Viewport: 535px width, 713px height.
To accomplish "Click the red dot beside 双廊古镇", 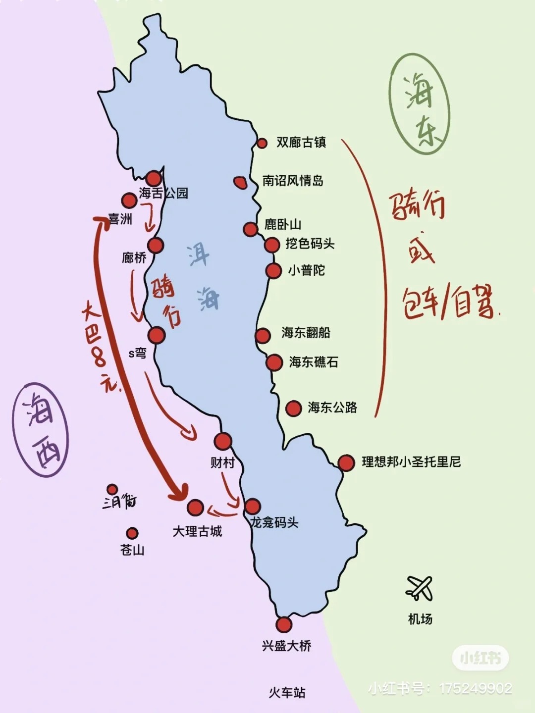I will pyautogui.click(x=262, y=143).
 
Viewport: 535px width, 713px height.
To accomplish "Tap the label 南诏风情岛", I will pyautogui.click(x=293, y=181).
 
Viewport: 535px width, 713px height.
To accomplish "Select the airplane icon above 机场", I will pyautogui.click(x=419, y=588).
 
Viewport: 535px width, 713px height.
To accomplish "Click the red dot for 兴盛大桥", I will pyautogui.click(x=284, y=624).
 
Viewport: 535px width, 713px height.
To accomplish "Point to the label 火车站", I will pyautogui.click(x=287, y=692).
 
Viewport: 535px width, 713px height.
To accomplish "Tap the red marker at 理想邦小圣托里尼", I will pyautogui.click(x=346, y=462).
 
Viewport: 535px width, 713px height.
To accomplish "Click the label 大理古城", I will pyautogui.click(x=197, y=532).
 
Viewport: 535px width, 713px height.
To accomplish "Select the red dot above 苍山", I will pyautogui.click(x=132, y=533).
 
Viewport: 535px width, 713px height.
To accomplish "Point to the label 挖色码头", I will pyautogui.click(x=310, y=244).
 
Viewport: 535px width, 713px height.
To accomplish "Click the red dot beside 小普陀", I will pyautogui.click(x=273, y=271).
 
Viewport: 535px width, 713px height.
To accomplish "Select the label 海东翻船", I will pyautogui.click(x=306, y=333).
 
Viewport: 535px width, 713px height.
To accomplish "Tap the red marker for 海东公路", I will pyautogui.click(x=294, y=408).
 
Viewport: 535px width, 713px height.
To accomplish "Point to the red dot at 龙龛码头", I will pyautogui.click(x=252, y=506).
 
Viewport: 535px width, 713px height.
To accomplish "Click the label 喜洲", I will pyautogui.click(x=120, y=219).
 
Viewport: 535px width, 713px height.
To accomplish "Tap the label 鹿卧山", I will pyautogui.click(x=283, y=224).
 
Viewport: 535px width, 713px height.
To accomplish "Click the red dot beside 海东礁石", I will pyautogui.click(x=274, y=362).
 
